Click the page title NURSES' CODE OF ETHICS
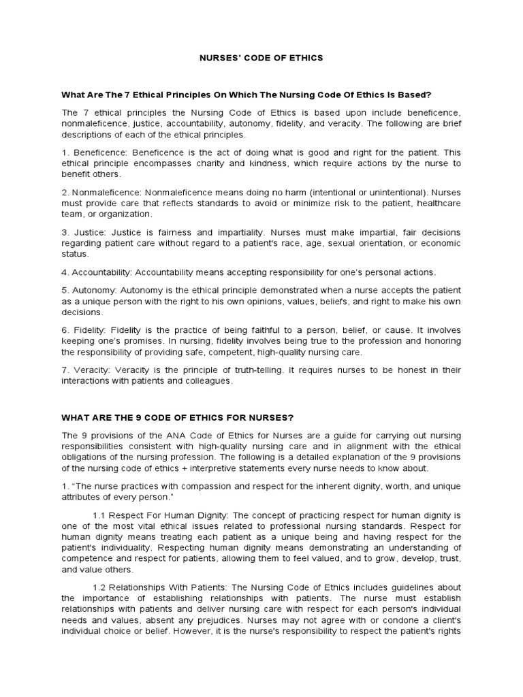pyautogui.click(x=261, y=58)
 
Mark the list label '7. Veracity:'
pyautogui.click(x=89, y=370)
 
